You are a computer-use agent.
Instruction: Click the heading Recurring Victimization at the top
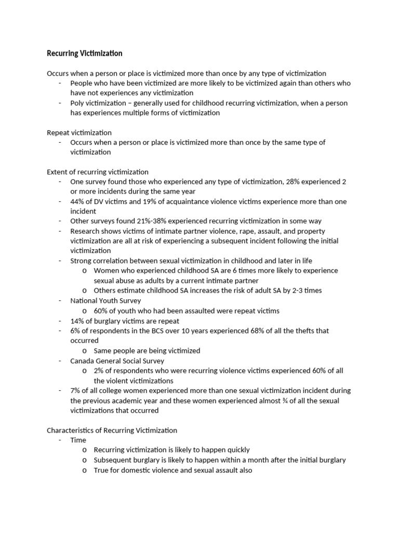click(x=85, y=53)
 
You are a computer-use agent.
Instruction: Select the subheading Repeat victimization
click(x=79, y=133)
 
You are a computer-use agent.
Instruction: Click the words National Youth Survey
click(x=105, y=301)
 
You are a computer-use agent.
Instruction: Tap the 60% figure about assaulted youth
click(x=101, y=311)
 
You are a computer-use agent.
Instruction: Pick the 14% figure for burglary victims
click(x=77, y=321)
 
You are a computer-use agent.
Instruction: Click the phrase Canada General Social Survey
click(x=117, y=361)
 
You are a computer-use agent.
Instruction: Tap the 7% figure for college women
click(x=75, y=390)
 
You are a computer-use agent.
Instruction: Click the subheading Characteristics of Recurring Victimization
click(x=112, y=430)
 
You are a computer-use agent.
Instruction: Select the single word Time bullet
click(x=78, y=440)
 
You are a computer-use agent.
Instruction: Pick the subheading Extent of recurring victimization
click(x=98, y=172)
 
